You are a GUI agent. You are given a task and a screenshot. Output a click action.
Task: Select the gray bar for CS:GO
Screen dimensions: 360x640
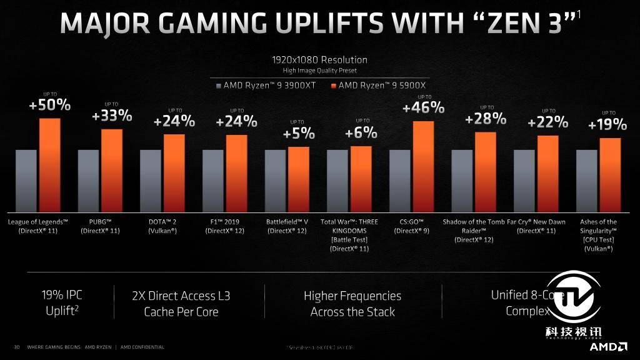tap(400, 181)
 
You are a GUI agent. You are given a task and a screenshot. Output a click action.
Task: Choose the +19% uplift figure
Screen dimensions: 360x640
tap(607, 125)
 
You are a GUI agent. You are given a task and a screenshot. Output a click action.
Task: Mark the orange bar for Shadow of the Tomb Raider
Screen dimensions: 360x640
tap(486, 172)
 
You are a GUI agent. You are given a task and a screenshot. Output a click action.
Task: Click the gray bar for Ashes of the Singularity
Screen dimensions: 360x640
tap(587, 181)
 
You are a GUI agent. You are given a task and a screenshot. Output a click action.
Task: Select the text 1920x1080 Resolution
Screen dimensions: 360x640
tap(319, 60)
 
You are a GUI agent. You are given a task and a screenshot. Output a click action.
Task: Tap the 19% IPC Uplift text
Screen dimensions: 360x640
tap(61, 302)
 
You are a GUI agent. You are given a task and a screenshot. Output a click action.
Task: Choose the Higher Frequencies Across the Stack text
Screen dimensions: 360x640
tap(352, 303)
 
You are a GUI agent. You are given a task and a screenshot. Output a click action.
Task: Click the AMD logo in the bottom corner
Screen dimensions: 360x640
tap(609, 346)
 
